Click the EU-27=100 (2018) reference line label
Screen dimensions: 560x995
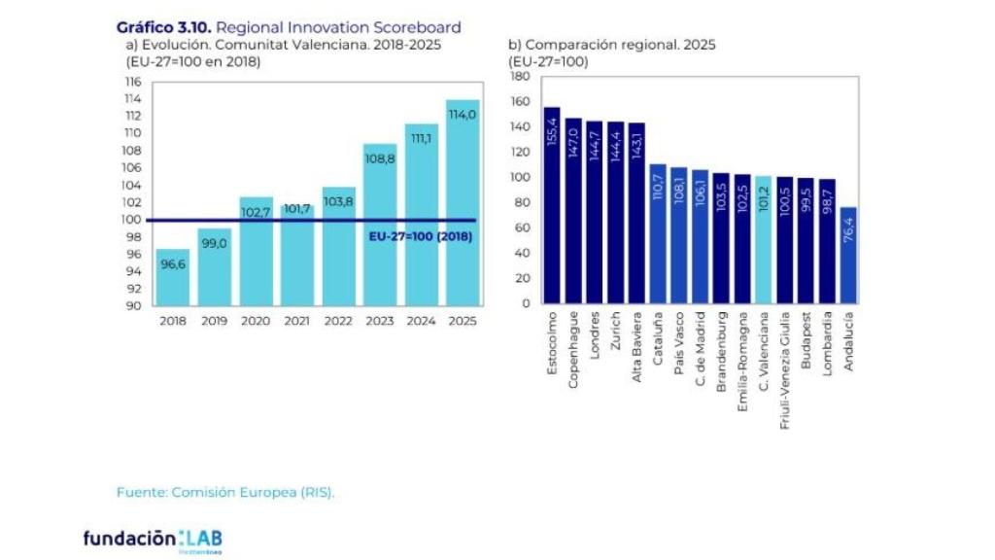420,235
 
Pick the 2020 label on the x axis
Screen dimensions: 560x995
256,321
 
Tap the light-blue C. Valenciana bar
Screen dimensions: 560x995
764,239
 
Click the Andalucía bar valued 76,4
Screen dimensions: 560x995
848,255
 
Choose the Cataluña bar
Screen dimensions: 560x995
658,233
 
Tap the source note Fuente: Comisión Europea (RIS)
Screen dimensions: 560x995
225,492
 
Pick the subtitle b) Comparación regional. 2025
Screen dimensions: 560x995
611,45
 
